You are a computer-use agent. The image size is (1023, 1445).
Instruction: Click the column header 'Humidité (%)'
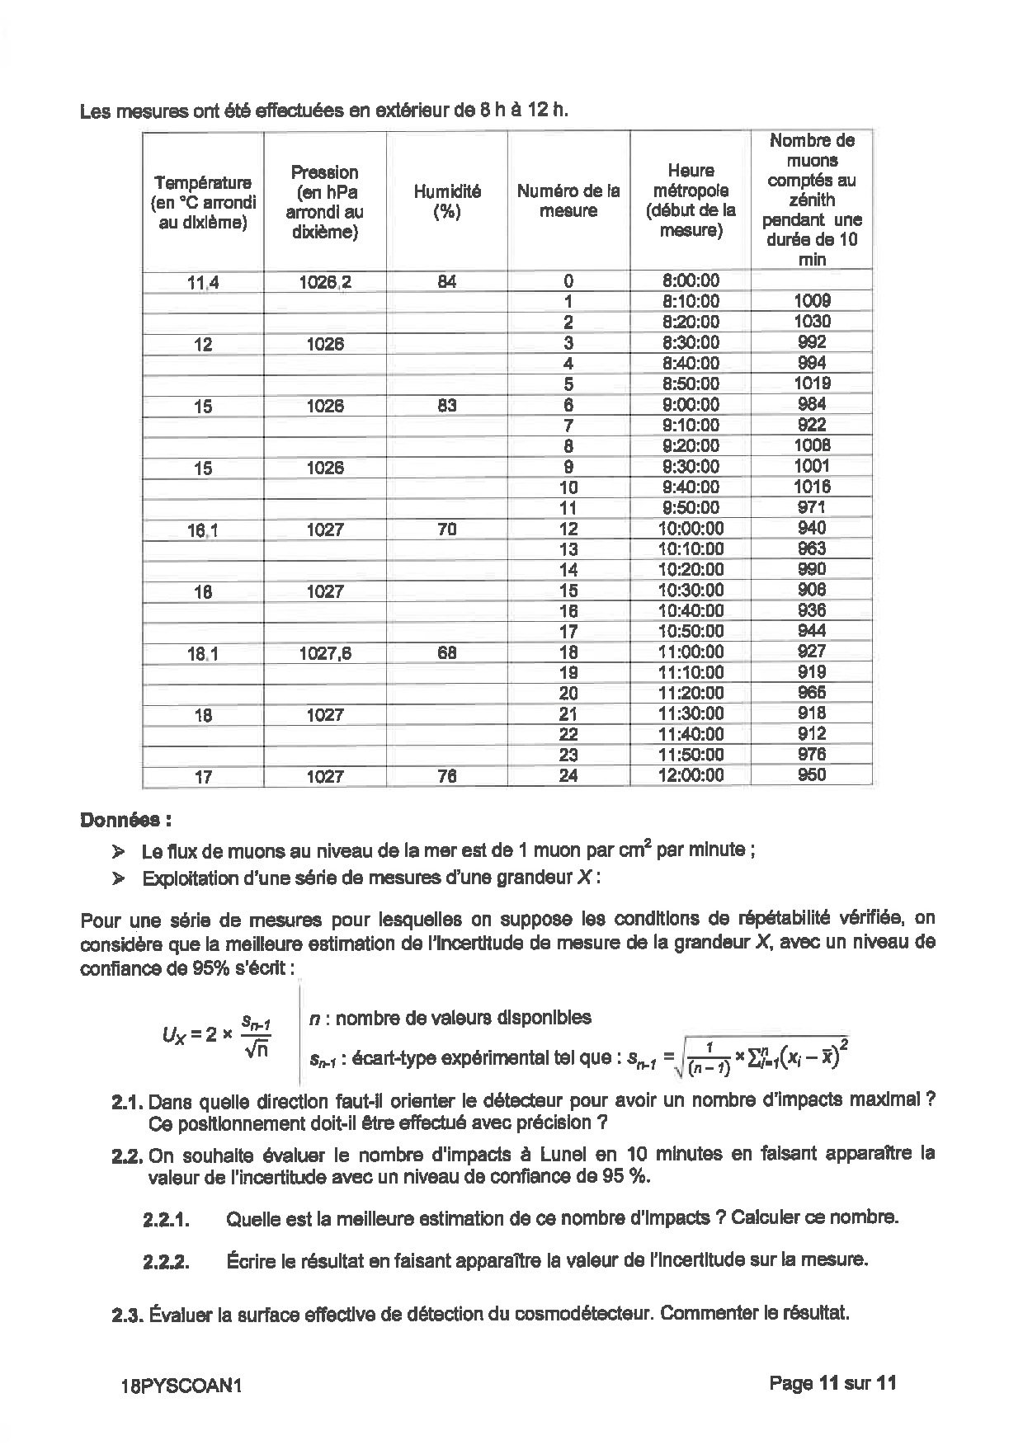446,201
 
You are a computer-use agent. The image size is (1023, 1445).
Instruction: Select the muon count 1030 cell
812,322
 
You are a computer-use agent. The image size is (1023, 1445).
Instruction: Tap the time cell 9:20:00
691,445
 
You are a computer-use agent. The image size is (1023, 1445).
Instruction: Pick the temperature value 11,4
203,283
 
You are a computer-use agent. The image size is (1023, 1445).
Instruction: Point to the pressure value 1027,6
325,652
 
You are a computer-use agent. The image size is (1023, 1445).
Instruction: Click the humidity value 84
446,282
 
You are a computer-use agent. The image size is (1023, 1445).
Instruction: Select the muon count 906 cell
812,590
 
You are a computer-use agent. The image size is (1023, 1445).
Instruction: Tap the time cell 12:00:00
691,775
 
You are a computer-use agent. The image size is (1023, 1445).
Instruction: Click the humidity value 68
446,652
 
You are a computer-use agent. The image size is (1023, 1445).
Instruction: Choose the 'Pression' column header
325,201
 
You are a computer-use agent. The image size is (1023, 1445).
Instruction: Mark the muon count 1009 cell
812,301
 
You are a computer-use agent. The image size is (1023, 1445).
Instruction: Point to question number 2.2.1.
166,1219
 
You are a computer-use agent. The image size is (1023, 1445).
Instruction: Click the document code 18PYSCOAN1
181,1386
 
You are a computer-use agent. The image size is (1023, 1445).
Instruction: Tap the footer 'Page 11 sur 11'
832,1383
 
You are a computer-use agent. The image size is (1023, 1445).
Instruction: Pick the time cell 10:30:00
691,590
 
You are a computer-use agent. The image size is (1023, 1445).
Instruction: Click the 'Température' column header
203,202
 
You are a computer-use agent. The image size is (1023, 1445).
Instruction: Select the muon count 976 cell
812,755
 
